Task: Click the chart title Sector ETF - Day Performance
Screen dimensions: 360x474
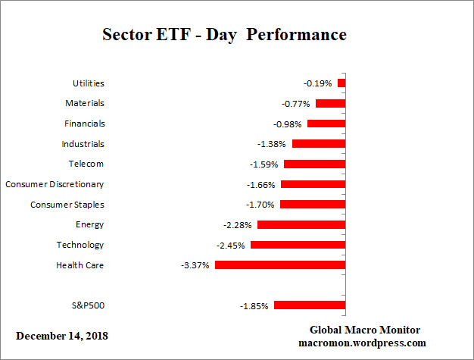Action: tap(223, 35)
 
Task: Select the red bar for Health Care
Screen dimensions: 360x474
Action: tap(280, 265)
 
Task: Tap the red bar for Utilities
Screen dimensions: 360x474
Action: tap(341, 83)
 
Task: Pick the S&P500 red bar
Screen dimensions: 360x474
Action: tap(310, 305)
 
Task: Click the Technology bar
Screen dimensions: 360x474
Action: tap(298, 245)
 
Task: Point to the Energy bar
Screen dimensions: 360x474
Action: tap(301, 224)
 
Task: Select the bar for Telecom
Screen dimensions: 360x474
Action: tap(314, 164)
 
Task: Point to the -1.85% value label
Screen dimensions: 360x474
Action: tap(254, 305)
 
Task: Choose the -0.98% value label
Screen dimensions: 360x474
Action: tap(288, 124)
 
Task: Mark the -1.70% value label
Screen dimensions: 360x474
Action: tap(261, 205)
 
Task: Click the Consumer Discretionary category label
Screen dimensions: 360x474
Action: tap(55, 184)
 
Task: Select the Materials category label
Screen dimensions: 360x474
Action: tap(84, 103)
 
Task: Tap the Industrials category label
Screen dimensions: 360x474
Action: tap(83, 144)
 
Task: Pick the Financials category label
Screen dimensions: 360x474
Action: tap(83, 124)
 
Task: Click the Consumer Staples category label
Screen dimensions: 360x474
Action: tap(67, 205)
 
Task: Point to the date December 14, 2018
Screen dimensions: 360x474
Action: tap(62, 335)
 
